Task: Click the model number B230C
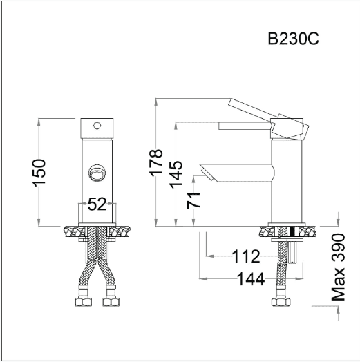(293, 39)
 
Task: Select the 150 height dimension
(39, 173)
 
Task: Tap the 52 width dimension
(97, 204)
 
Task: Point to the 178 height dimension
(156, 163)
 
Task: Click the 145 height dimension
(176, 175)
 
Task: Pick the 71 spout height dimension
(193, 200)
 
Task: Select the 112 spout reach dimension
(246, 256)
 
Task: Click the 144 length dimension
(251, 279)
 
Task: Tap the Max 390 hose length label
(338, 267)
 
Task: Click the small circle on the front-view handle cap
(97, 126)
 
